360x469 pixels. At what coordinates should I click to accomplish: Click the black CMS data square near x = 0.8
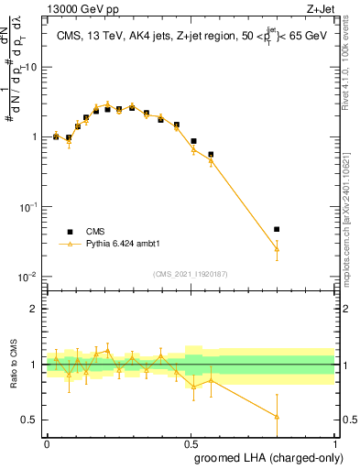click(277, 229)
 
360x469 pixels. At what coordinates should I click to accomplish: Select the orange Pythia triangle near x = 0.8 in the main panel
click(277, 248)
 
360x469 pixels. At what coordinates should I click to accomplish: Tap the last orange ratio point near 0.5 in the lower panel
click(277, 416)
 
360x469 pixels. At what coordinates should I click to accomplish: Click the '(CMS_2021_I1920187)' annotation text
click(191, 273)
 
